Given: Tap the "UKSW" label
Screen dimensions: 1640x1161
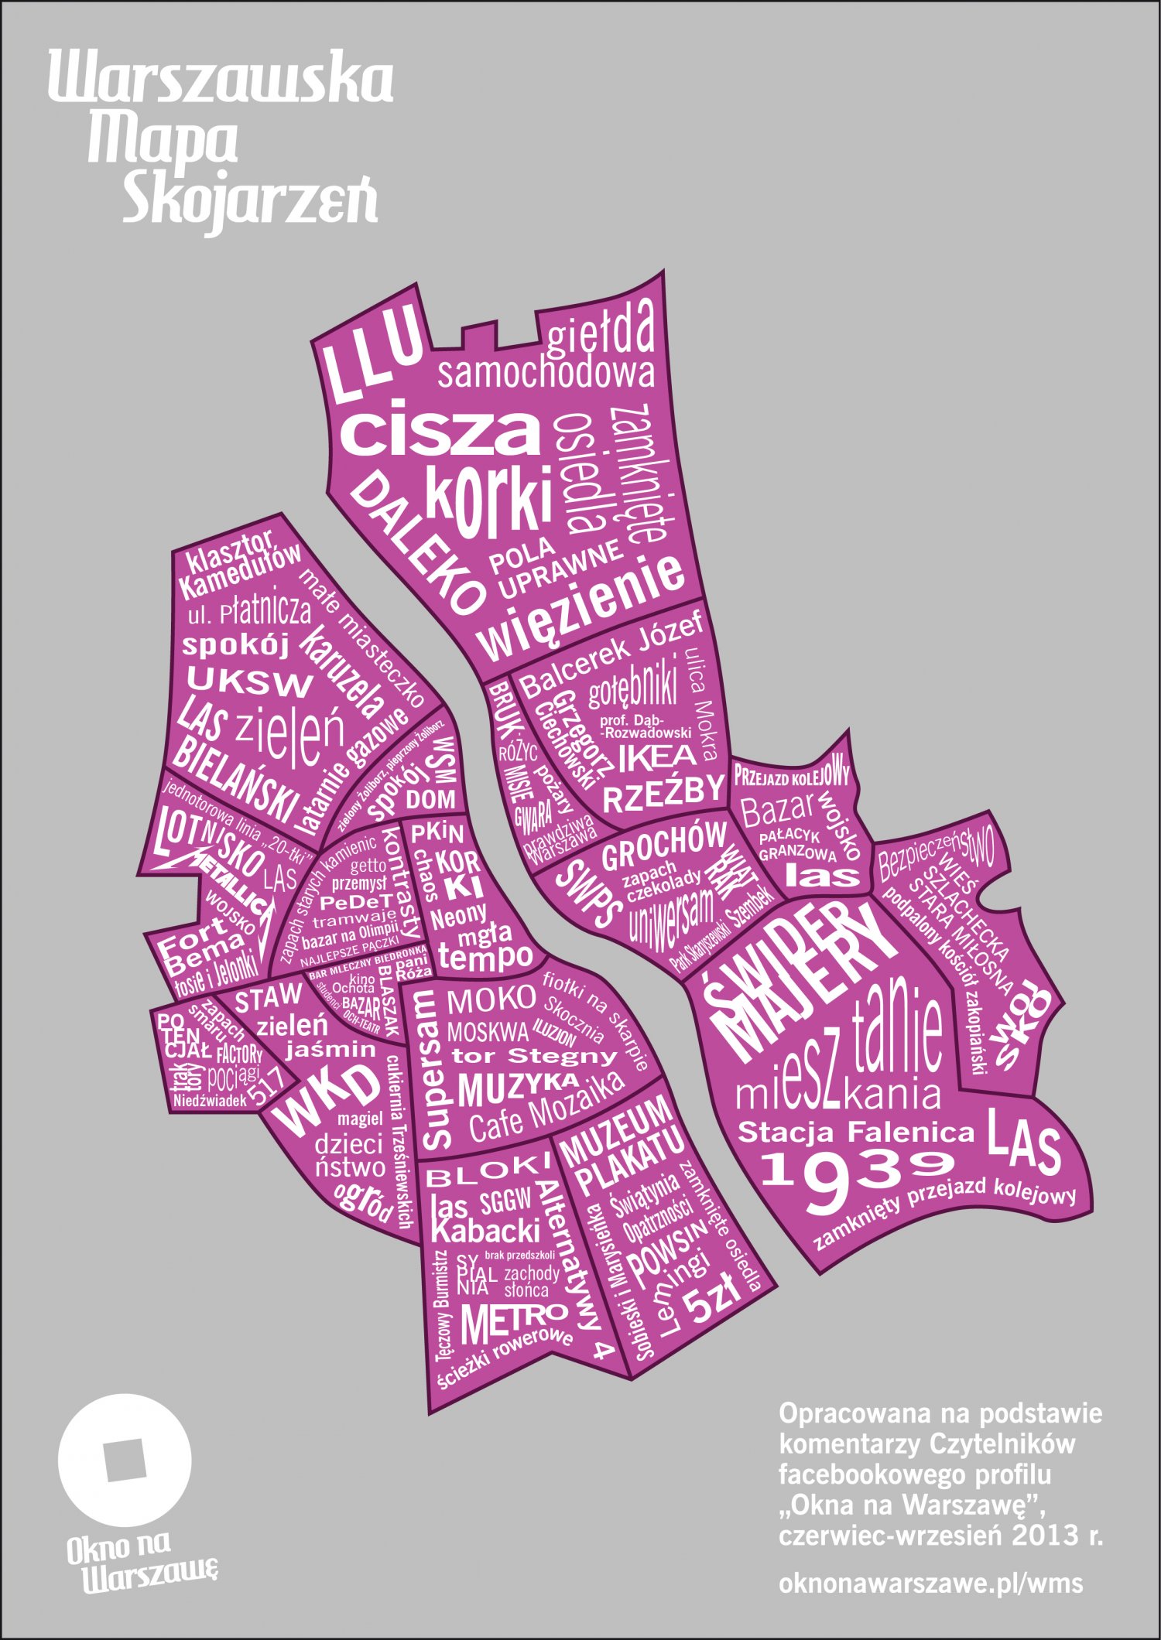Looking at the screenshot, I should [249, 681].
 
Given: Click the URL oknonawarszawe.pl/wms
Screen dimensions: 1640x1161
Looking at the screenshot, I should [931, 1583].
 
